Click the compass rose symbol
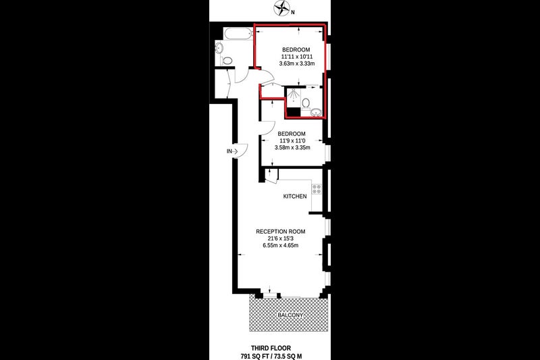click(x=281, y=7)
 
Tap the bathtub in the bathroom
click(x=238, y=34)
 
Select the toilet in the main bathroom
click(x=227, y=61)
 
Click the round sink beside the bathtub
click(x=219, y=47)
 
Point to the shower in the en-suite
click(x=293, y=97)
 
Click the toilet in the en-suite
click(x=306, y=103)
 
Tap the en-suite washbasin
click(x=316, y=112)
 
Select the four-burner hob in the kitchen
click(x=317, y=189)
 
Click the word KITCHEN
click(x=295, y=197)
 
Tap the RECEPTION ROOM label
click(x=280, y=232)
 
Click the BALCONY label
click(x=291, y=315)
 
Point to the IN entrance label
click(x=230, y=151)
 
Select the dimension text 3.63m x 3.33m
click(x=297, y=63)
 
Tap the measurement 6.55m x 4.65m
click(x=280, y=245)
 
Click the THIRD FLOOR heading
click(x=271, y=349)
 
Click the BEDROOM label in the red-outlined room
click(x=296, y=49)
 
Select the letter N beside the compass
click(x=293, y=13)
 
